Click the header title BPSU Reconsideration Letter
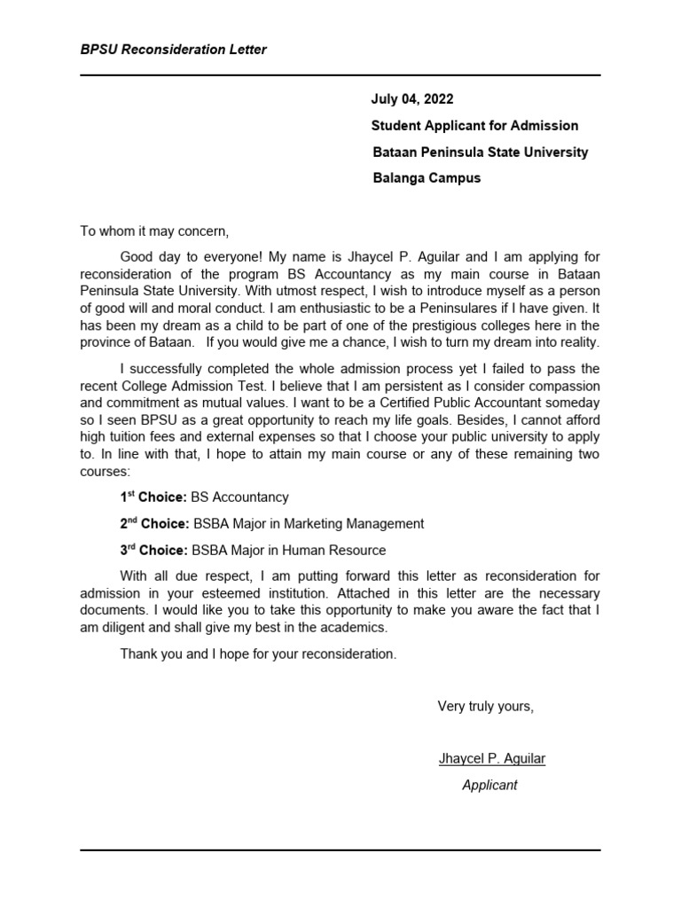[173, 50]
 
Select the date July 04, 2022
[412, 99]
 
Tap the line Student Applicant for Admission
[474, 126]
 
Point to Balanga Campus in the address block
[427, 177]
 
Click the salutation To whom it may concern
[154, 231]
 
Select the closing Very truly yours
[486, 707]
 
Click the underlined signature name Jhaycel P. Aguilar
[491, 759]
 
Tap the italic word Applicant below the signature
[489, 786]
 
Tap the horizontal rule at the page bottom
[340, 850]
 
